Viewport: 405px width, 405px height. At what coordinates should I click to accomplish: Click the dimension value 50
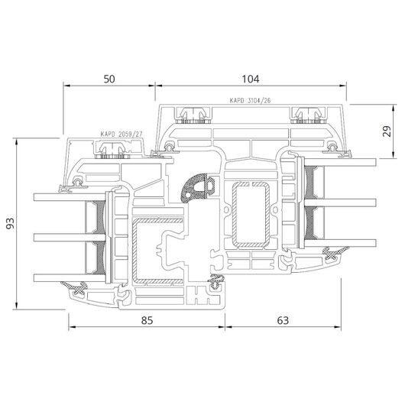109,79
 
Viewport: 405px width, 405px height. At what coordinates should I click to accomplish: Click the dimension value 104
251,79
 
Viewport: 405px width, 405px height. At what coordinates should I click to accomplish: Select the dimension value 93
11,223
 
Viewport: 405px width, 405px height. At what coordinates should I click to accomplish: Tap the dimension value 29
387,131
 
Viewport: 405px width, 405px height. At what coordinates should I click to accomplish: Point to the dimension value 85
147,320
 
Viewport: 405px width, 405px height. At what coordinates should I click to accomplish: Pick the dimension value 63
283,320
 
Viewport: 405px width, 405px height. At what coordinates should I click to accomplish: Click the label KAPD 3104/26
250,100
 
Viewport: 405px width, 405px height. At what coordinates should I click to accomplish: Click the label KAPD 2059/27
122,134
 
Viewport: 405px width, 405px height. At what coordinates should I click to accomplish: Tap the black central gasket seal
198,188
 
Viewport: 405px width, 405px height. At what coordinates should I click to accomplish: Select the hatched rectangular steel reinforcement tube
251,215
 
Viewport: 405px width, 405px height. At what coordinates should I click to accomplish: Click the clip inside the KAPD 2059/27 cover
113,151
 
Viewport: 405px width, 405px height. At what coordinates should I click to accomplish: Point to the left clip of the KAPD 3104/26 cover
193,115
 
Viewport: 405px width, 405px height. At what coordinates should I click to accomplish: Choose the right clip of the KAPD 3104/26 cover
308,115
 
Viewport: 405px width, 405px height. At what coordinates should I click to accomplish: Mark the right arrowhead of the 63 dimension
338,327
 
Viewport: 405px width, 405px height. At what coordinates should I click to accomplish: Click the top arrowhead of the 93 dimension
17,142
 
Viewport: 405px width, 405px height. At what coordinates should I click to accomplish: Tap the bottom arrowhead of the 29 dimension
393,154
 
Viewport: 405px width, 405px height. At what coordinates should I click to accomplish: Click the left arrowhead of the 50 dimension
67,86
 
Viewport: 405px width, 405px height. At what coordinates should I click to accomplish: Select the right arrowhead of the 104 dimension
343,86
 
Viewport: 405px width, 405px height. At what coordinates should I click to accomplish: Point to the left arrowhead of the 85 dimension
72,327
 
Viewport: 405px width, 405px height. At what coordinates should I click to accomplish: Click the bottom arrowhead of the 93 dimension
17,306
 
